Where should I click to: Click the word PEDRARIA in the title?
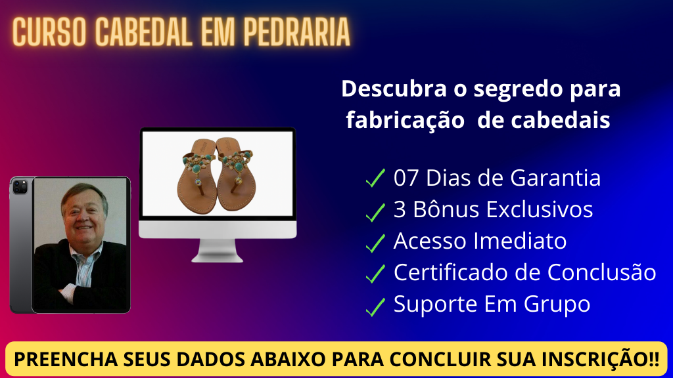297,32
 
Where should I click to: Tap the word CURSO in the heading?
49,32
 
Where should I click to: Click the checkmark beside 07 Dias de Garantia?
375,178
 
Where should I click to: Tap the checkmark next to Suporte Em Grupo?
375,307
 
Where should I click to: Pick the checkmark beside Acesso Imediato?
375,243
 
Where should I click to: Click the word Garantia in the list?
555,178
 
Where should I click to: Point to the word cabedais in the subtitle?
561,120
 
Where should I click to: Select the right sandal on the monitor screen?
235,173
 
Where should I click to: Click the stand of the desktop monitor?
218,250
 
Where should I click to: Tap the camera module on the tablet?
20,187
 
